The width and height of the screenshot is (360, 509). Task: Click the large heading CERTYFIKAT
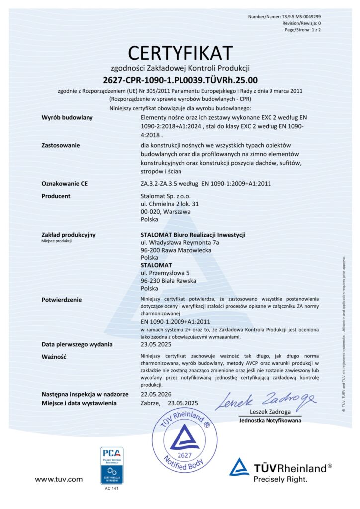point(180,52)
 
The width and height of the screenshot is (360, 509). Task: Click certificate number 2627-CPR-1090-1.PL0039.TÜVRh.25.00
point(180,80)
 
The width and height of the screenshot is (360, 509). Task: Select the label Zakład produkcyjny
point(69,235)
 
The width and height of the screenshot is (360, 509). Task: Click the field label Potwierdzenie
point(62,300)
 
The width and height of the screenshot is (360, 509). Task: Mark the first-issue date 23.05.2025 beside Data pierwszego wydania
point(156,344)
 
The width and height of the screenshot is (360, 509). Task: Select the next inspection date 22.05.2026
point(156,394)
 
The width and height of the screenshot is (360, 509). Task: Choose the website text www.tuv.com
point(58,479)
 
